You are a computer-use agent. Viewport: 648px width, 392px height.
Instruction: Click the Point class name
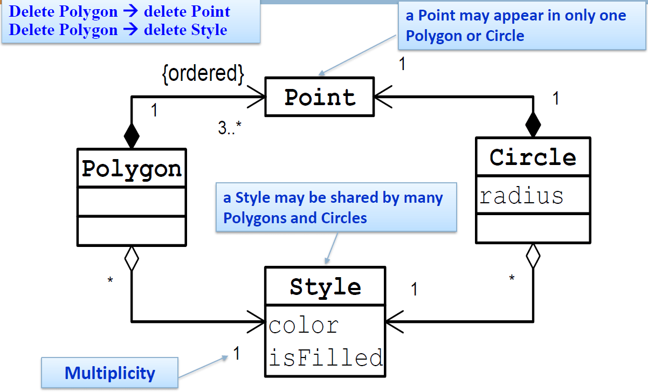(320, 98)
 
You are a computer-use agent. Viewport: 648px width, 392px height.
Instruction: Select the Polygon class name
(132, 169)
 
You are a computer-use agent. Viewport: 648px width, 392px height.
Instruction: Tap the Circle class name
(533, 157)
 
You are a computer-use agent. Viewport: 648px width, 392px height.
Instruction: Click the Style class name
(325, 286)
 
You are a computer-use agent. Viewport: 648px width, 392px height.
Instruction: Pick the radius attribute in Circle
(521, 196)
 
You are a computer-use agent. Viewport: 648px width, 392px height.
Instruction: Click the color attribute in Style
(304, 325)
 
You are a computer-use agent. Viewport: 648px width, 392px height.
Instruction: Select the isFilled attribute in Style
(326, 357)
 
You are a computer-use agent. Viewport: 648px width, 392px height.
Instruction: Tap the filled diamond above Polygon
(132, 135)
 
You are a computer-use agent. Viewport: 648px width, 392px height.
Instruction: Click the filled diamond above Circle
(533, 125)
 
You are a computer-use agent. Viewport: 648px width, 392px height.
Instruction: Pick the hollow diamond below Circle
(533, 256)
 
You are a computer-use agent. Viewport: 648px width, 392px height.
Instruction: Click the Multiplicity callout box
(109, 373)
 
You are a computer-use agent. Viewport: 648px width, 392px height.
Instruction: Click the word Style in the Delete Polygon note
(210, 30)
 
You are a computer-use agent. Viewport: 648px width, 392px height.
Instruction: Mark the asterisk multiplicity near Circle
(512, 279)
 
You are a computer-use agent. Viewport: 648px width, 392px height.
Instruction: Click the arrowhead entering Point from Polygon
(259, 98)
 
